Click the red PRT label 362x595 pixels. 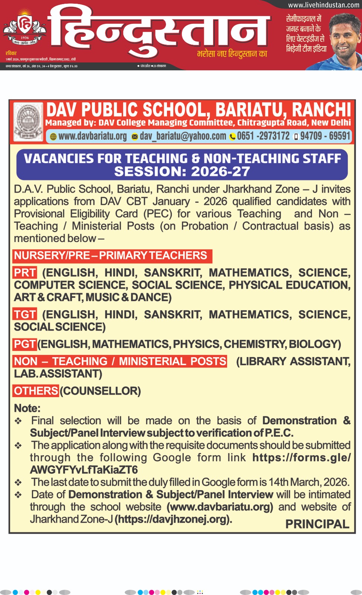[x=25, y=273]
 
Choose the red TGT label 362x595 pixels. [x=25, y=315]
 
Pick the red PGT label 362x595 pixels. [x=25, y=344]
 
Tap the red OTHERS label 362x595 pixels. [x=36, y=391]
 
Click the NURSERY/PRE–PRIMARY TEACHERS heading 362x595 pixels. [x=111, y=255]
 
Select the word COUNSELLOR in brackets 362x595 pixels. [x=100, y=391]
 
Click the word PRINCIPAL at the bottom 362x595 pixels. [x=317, y=524]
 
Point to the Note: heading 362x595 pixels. [x=27, y=408]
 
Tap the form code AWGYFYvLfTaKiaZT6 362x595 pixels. [x=84, y=470]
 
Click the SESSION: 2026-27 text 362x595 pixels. [x=182, y=171]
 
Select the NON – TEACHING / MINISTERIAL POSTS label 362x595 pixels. [x=120, y=361]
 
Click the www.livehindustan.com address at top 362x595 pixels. [x=323, y=5]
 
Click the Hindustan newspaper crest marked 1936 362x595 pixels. [x=25, y=30]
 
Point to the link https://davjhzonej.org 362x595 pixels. [x=173, y=519]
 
